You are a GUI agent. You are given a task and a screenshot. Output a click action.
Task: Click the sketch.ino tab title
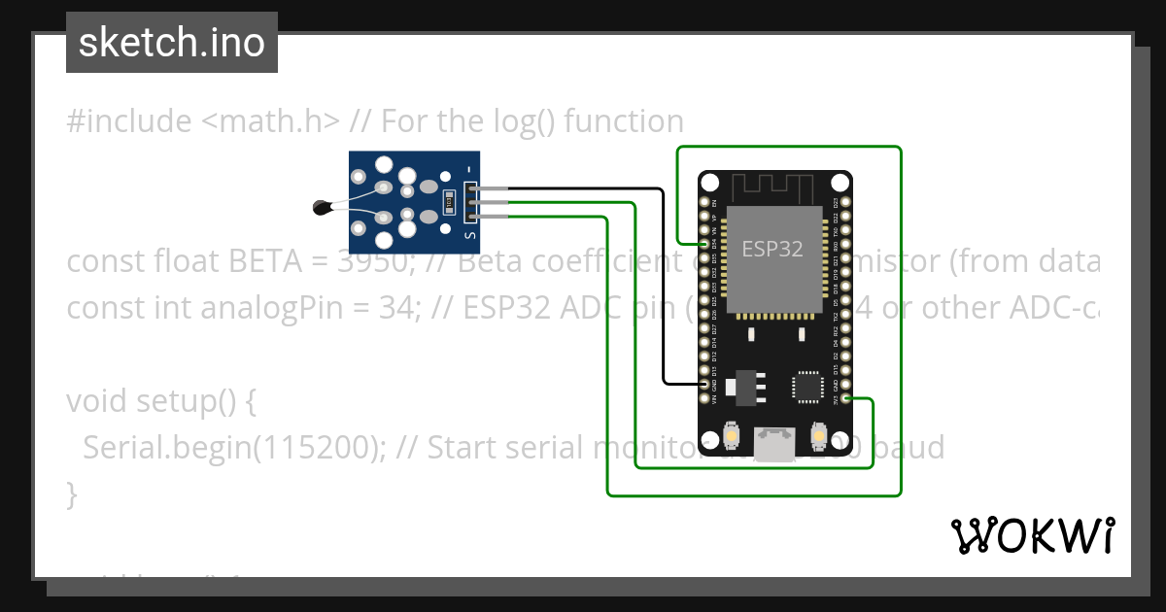tap(172, 43)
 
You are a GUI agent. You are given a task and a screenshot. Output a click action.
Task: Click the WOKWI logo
tap(1032, 535)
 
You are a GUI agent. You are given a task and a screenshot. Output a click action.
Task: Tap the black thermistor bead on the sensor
tap(322, 206)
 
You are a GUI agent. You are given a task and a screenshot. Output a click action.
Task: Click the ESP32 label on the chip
tap(772, 249)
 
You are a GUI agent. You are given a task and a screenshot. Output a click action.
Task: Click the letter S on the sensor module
tap(470, 234)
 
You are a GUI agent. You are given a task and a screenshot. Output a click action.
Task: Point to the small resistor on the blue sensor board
tap(448, 202)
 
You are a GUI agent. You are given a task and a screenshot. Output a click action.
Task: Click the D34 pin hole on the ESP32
tap(705, 245)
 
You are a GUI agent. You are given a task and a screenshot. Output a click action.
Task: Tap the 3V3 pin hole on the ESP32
tap(844, 399)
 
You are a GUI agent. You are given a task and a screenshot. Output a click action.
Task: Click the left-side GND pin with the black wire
tap(705, 385)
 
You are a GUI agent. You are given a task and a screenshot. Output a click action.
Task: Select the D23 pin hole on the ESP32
tap(844, 202)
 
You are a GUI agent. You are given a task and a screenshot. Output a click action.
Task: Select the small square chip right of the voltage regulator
tap(808, 386)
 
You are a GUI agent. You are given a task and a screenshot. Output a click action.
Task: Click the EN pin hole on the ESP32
tap(705, 202)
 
